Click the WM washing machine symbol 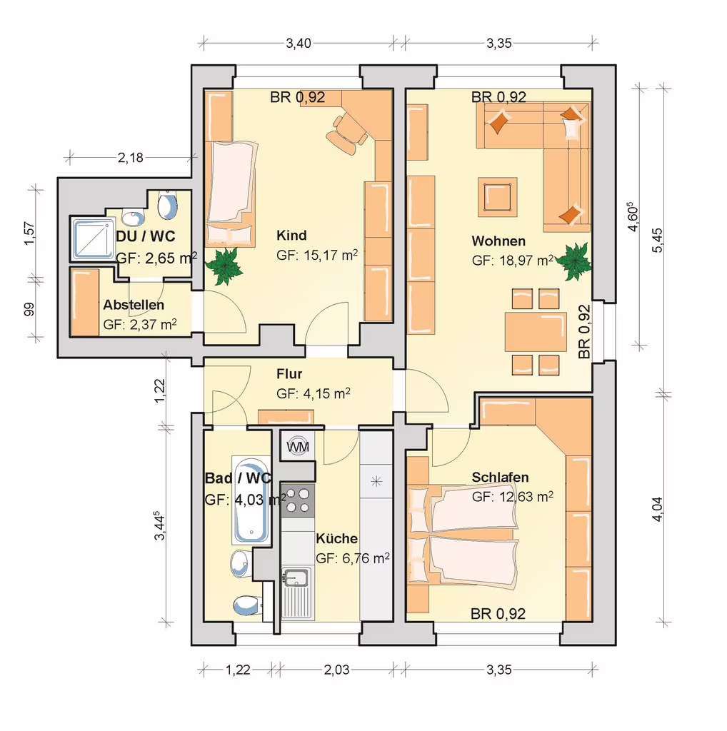pyautogui.click(x=298, y=446)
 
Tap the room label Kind pyautogui.click(x=291, y=236)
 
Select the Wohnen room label pyautogui.click(x=498, y=241)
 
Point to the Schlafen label pyautogui.click(x=500, y=478)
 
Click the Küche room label pyautogui.click(x=336, y=538)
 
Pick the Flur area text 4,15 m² pyautogui.click(x=327, y=394)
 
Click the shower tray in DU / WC pyautogui.click(x=94, y=238)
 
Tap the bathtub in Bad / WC pyautogui.click(x=251, y=500)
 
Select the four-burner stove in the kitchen pyautogui.click(x=298, y=500)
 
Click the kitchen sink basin pyautogui.click(x=295, y=578)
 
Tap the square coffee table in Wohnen pyautogui.click(x=498, y=197)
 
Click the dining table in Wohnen pyautogui.click(x=536, y=332)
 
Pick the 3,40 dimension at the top pyautogui.click(x=299, y=44)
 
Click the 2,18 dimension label pyautogui.click(x=131, y=158)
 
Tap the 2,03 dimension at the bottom pyautogui.click(x=336, y=670)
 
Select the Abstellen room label pyautogui.click(x=134, y=305)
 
